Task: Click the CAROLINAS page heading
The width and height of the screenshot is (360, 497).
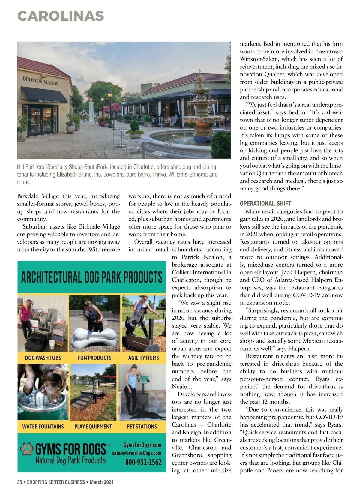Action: tap(61, 16)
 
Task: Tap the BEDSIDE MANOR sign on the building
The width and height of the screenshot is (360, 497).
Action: tap(40, 81)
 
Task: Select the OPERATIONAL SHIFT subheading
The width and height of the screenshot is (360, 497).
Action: tap(265, 203)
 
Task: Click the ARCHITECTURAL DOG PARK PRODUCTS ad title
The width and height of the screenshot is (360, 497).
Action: tap(91, 277)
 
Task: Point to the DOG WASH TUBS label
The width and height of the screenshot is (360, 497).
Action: tap(43, 358)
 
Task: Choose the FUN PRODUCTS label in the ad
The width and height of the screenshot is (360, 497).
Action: tap(94, 358)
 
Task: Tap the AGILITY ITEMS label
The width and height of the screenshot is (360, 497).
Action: tap(143, 358)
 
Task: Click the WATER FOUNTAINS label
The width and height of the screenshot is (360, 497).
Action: tap(43, 427)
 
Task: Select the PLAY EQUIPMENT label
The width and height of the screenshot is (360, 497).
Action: tap(93, 427)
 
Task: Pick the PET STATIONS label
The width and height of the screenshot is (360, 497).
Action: tap(142, 427)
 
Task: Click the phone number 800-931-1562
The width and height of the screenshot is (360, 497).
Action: tap(143, 462)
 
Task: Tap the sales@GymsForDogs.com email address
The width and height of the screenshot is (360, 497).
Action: tap(136, 453)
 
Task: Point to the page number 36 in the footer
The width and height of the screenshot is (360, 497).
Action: tap(19, 482)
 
